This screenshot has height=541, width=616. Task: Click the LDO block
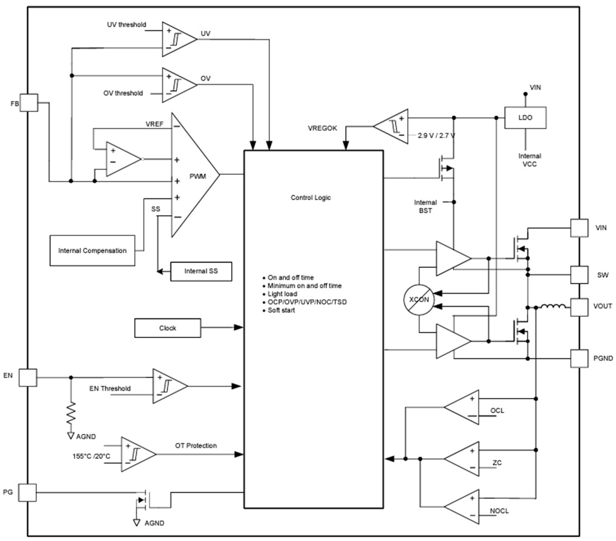(x=525, y=118)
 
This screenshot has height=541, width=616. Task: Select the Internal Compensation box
(x=92, y=251)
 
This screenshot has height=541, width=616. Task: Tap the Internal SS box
(x=201, y=271)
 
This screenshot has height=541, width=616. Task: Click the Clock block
(x=167, y=328)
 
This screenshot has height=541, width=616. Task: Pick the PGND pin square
(x=580, y=358)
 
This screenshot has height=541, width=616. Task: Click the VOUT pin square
(x=580, y=306)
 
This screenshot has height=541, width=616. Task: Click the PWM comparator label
(x=197, y=176)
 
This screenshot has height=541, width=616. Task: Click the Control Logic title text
(x=311, y=197)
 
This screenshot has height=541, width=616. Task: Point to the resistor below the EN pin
(x=71, y=413)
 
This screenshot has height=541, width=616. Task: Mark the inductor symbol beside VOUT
(x=552, y=307)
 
